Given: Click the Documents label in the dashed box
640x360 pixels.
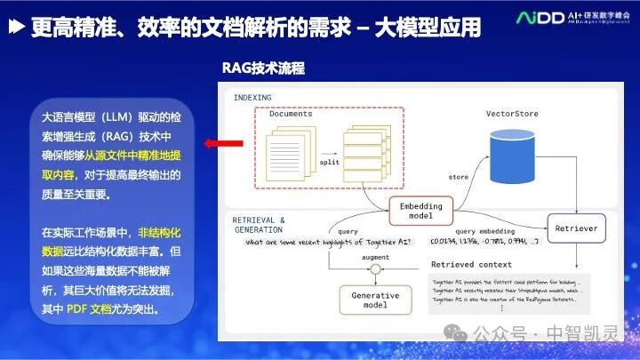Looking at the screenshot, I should [x=291, y=114].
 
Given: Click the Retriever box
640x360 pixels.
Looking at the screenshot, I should [x=576, y=228].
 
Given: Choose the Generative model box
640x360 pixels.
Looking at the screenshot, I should [x=376, y=300].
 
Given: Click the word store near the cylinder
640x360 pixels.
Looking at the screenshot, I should [x=459, y=176].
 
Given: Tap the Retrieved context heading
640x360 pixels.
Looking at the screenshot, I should [x=471, y=264].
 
